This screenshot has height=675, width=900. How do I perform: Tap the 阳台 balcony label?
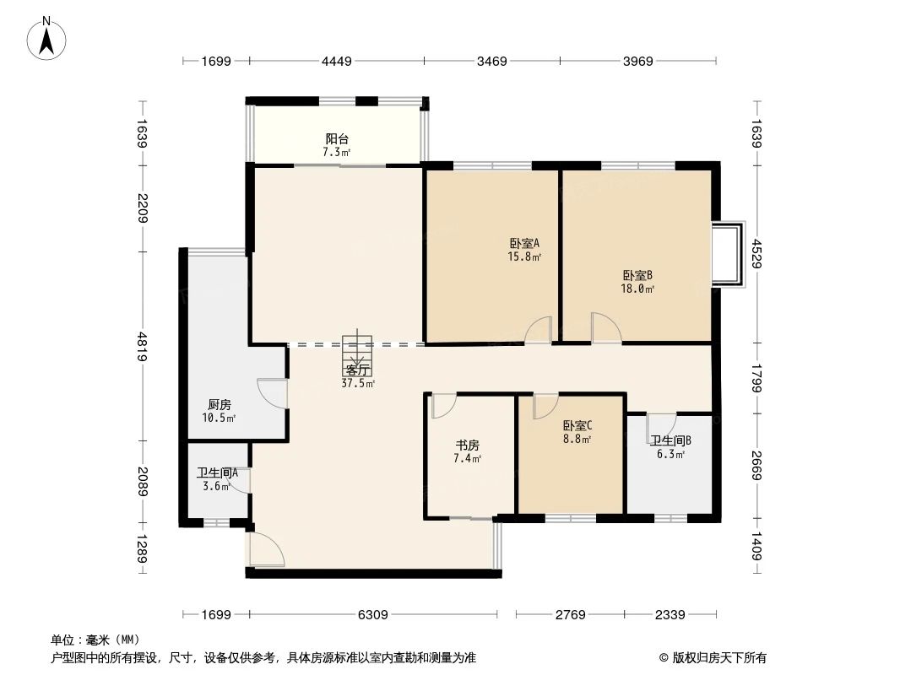point(338,139)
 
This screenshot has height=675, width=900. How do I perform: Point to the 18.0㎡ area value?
point(637,288)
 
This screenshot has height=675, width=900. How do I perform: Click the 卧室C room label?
point(577,426)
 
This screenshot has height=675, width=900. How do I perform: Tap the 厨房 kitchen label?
point(219,405)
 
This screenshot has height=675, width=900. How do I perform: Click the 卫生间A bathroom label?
point(217,473)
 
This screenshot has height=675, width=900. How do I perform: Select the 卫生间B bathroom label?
point(670,440)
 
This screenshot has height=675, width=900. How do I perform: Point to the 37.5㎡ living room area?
point(358,383)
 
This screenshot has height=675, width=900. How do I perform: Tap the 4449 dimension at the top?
point(336,61)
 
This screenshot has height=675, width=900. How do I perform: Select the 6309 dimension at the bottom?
point(372,615)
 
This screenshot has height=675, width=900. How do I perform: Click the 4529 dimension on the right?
point(757,254)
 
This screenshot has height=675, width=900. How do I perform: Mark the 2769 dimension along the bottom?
point(570,615)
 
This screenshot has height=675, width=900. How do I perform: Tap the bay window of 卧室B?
point(728,254)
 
